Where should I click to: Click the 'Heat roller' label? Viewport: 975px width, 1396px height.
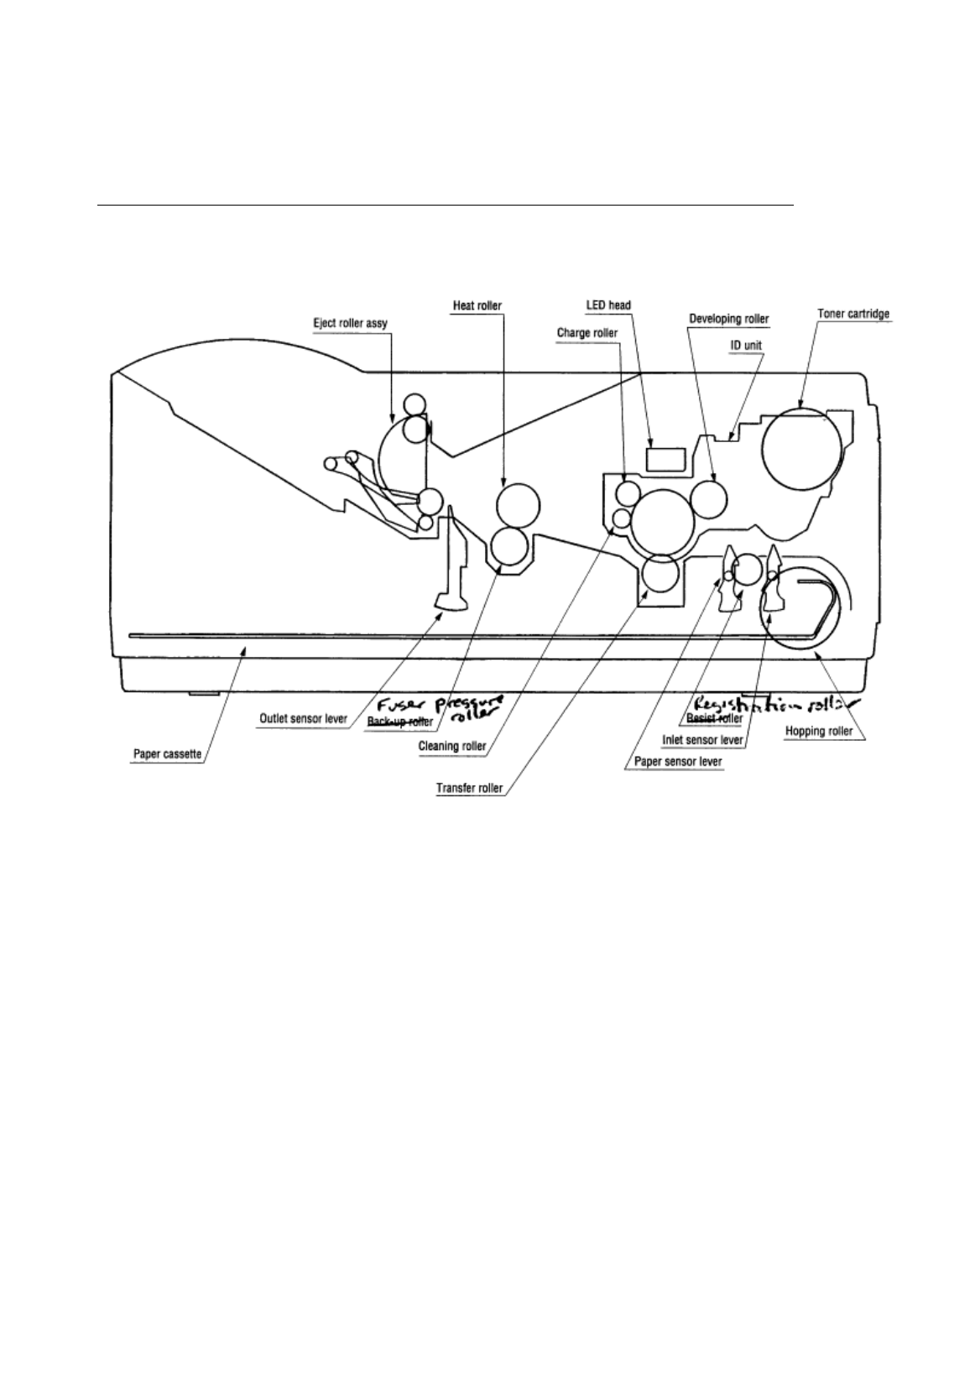477,305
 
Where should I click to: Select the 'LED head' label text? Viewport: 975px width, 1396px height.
607,305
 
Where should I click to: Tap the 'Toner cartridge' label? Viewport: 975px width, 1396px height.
853,314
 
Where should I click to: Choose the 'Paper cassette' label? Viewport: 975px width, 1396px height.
168,754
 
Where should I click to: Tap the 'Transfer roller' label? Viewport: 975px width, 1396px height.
469,788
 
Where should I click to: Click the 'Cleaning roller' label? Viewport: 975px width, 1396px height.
451,746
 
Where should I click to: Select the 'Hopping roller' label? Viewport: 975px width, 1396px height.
818,731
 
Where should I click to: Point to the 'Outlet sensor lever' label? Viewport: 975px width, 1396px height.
303,719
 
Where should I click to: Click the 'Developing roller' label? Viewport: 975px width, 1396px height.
728,319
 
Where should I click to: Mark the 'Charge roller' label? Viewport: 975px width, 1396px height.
587,333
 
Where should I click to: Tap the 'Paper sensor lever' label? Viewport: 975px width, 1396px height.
674,763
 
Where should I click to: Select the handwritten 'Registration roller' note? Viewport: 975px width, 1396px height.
772,703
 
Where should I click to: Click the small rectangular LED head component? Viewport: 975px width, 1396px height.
666,458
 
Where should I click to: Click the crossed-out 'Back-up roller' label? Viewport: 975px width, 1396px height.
399,721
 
